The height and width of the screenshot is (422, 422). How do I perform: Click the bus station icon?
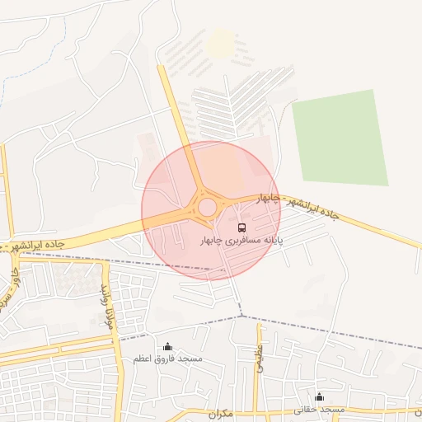[241, 227]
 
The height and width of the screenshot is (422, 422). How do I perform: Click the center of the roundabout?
[207, 206]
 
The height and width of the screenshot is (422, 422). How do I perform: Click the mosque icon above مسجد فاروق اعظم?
[168, 347]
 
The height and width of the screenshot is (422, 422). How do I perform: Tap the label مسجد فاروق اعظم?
[168, 359]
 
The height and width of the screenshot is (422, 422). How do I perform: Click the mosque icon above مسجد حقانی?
[319, 397]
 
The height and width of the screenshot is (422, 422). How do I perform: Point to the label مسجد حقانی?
[323, 410]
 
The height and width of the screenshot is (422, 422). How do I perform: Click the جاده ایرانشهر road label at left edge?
[33, 246]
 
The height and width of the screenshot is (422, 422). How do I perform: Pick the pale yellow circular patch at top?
[220, 44]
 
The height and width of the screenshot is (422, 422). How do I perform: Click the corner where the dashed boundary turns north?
[241, 316]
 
